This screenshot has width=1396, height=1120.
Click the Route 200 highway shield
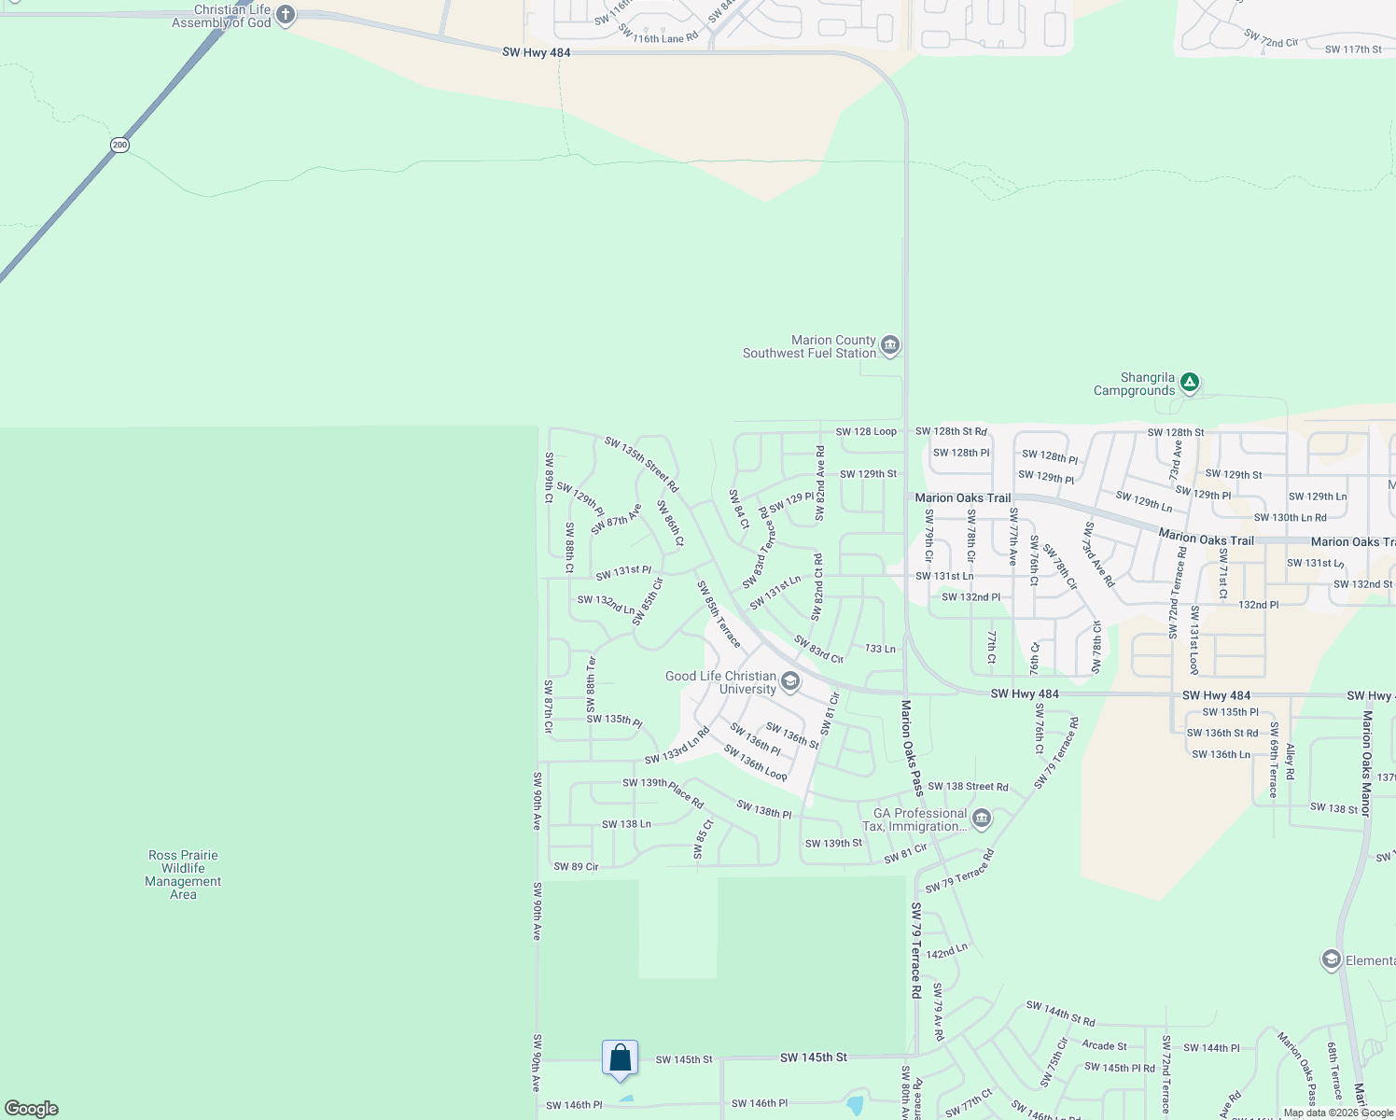tap(119, 145)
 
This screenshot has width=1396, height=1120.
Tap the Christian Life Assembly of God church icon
tap(286, 15)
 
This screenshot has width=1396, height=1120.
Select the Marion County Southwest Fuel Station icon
tap(890, 346)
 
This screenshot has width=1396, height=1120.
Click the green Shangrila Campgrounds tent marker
tap(1189, 382)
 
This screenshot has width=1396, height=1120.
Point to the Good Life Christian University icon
tap(789, 681)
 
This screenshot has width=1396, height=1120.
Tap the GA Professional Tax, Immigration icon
tap(981, 819)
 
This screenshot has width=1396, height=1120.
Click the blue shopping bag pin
tap(621, 1058)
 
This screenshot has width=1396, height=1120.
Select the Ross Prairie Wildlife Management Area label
tap(183, 875)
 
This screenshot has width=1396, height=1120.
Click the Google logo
tap(32, 1109)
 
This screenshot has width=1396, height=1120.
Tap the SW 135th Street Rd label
tap(641, 464)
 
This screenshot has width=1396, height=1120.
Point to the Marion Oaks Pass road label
tap(912, 748)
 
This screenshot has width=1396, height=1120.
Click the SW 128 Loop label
tap(866, 431)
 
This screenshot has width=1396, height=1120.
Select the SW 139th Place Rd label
tap(663, 792)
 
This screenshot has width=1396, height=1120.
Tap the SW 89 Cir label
tap(576, 867)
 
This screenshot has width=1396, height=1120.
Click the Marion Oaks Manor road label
tap(1367, 763)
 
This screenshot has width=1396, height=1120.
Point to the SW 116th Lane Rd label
tap(658, 35)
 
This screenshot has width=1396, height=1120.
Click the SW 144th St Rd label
tap(1060, 1014)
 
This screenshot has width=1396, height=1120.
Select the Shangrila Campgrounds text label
tap(1134, 385)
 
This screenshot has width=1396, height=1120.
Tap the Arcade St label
tap(1104, 1046)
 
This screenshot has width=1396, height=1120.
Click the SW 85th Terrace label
tap(719, 614)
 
